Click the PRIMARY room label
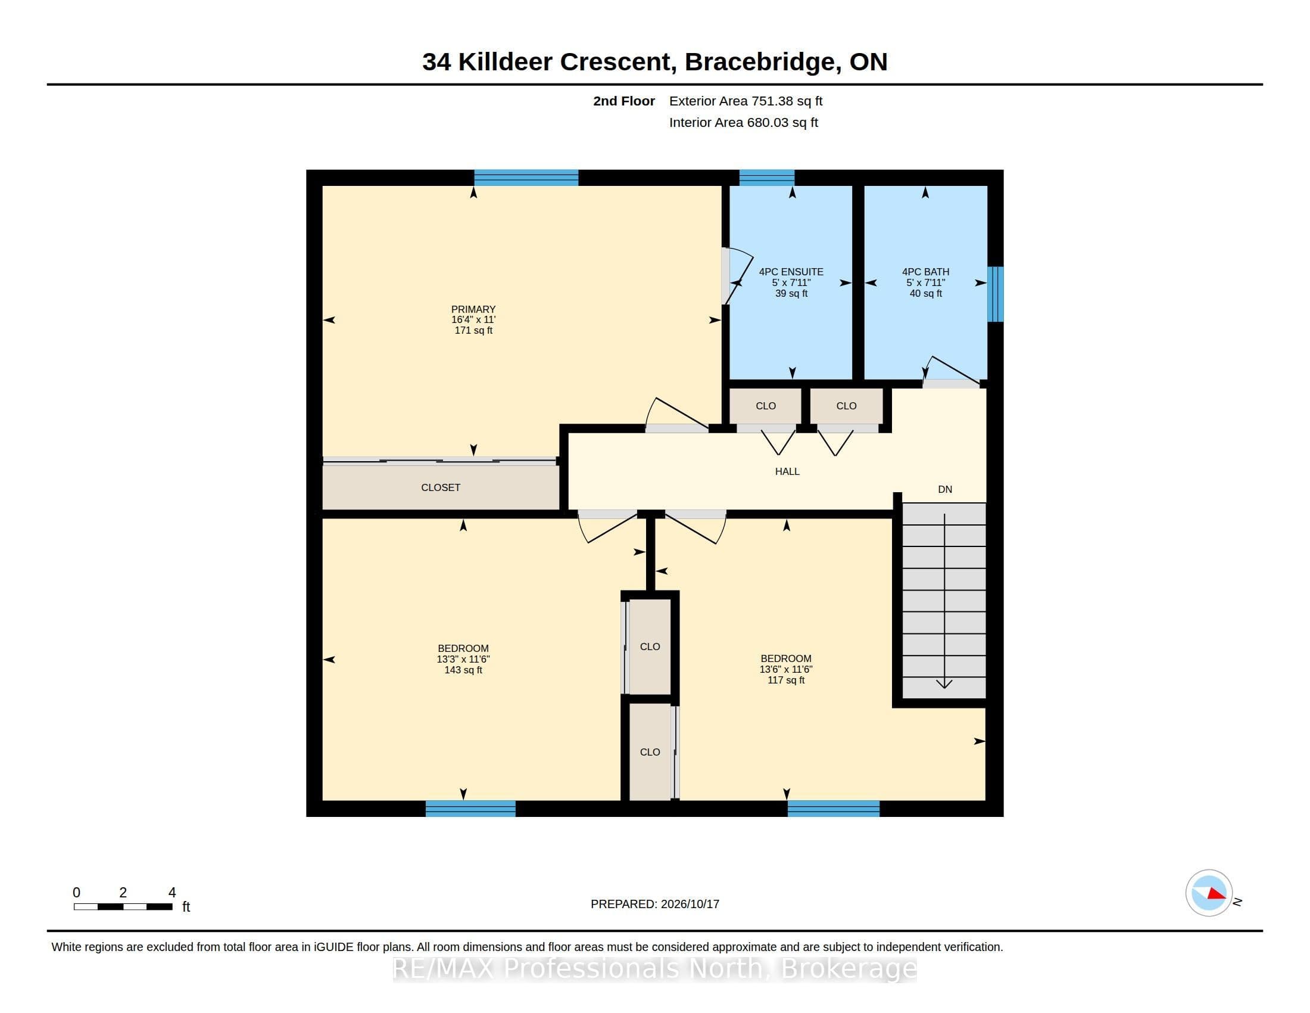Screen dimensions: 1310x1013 click(473, 309)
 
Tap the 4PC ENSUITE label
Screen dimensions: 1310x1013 click(791, 272)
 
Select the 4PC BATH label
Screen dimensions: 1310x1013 click(925, 272)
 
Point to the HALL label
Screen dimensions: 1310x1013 click(787, 472)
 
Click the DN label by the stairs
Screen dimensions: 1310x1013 click(945, 490)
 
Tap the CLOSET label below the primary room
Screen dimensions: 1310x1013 click(441, 488)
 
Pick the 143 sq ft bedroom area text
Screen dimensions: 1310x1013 click(463, 670)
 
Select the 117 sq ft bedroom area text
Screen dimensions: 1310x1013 click(786, 680)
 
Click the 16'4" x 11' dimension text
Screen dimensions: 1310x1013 click(473, 320)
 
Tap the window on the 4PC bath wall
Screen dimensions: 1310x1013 click(995, 294)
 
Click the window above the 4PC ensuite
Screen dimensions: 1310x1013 click(766, 178)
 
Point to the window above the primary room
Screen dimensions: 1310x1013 click(526, 178)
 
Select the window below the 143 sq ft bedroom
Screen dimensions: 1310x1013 click(470, 809)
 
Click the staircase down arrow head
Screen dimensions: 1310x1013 click(944, 684)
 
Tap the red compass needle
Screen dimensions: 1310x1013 click(1217, 894)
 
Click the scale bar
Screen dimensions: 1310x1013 click(123, 907)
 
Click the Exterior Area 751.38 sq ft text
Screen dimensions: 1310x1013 click(746, 101)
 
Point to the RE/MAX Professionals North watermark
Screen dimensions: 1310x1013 click(654, 968)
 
